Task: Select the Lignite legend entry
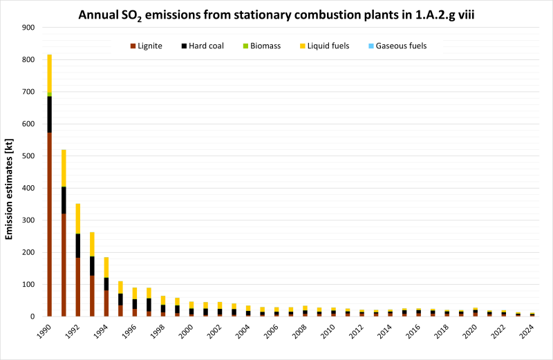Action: [x=146, y=46]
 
